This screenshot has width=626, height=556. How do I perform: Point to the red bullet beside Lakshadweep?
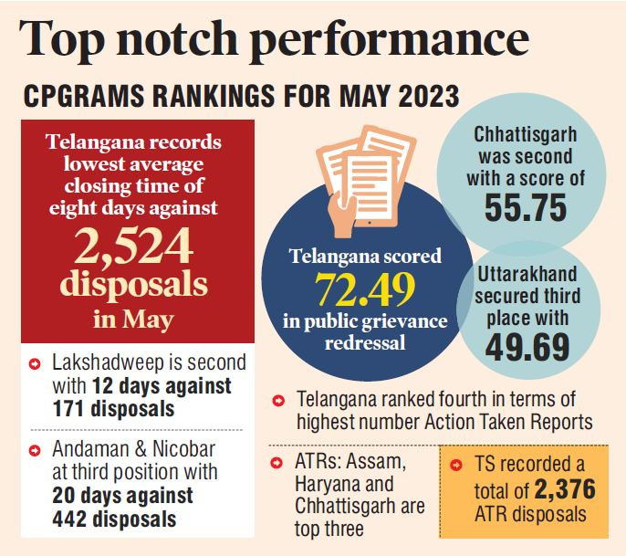tap(35, 364)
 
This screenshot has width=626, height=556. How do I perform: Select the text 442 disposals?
tap(111, 518)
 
